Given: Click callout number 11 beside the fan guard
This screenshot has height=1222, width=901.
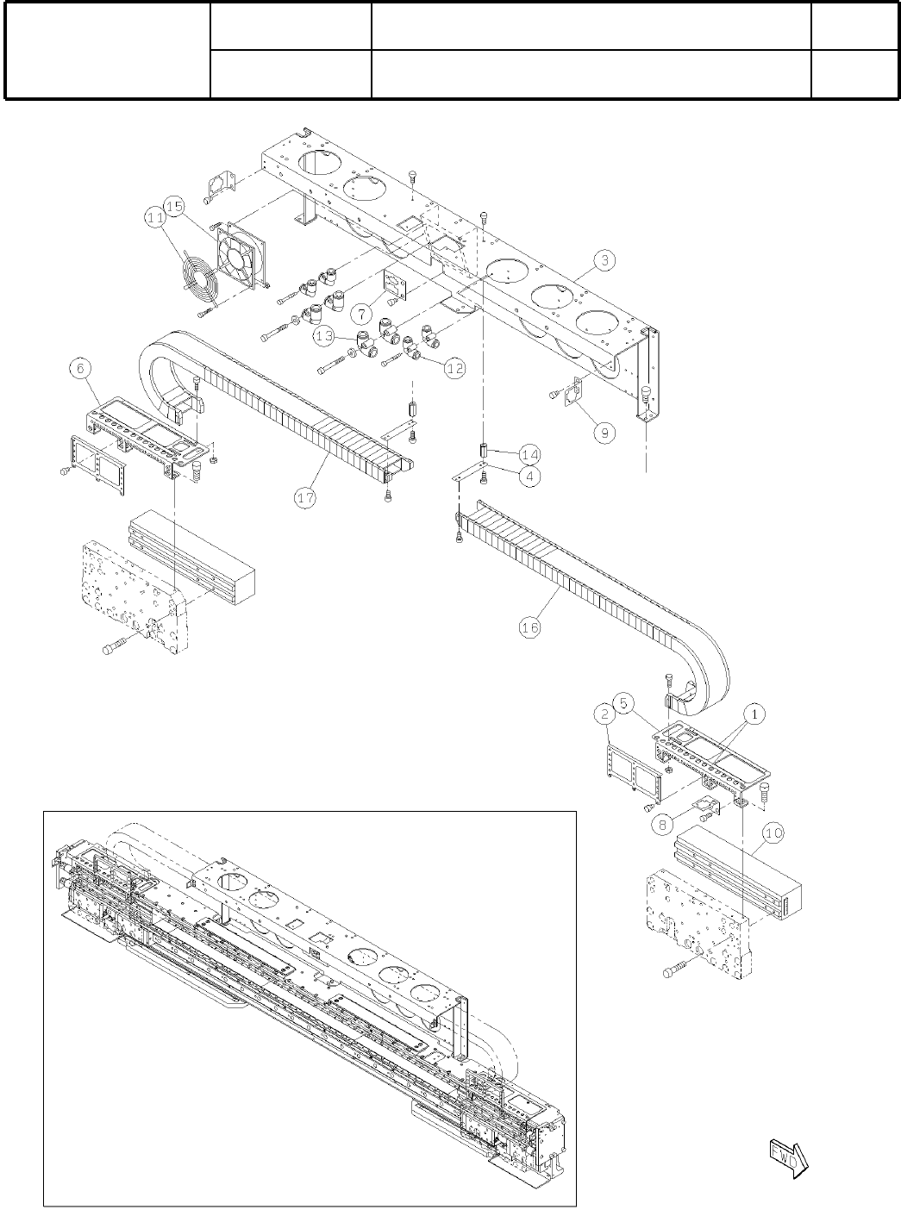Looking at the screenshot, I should (155, 219).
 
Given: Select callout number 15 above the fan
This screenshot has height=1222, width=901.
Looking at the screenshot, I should (174, 206).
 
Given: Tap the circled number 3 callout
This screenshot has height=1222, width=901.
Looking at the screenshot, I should (607, 259).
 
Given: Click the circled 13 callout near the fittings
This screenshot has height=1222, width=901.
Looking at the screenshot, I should (324, 336).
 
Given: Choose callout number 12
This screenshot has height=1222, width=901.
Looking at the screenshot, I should (455, 368).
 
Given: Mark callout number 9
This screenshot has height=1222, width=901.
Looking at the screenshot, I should (607, 432).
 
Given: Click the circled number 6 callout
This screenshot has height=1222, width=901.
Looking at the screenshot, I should (79, 368).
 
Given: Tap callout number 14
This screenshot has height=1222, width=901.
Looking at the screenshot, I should (529, 454).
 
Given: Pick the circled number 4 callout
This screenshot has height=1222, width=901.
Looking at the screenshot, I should (529, 476).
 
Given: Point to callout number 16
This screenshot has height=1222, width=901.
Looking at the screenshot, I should (529, 627).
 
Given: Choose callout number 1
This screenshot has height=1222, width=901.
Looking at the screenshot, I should (754, 714).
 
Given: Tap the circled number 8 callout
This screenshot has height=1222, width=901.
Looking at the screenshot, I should (663, 824).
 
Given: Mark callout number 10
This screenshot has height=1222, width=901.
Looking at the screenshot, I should (773, 833).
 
